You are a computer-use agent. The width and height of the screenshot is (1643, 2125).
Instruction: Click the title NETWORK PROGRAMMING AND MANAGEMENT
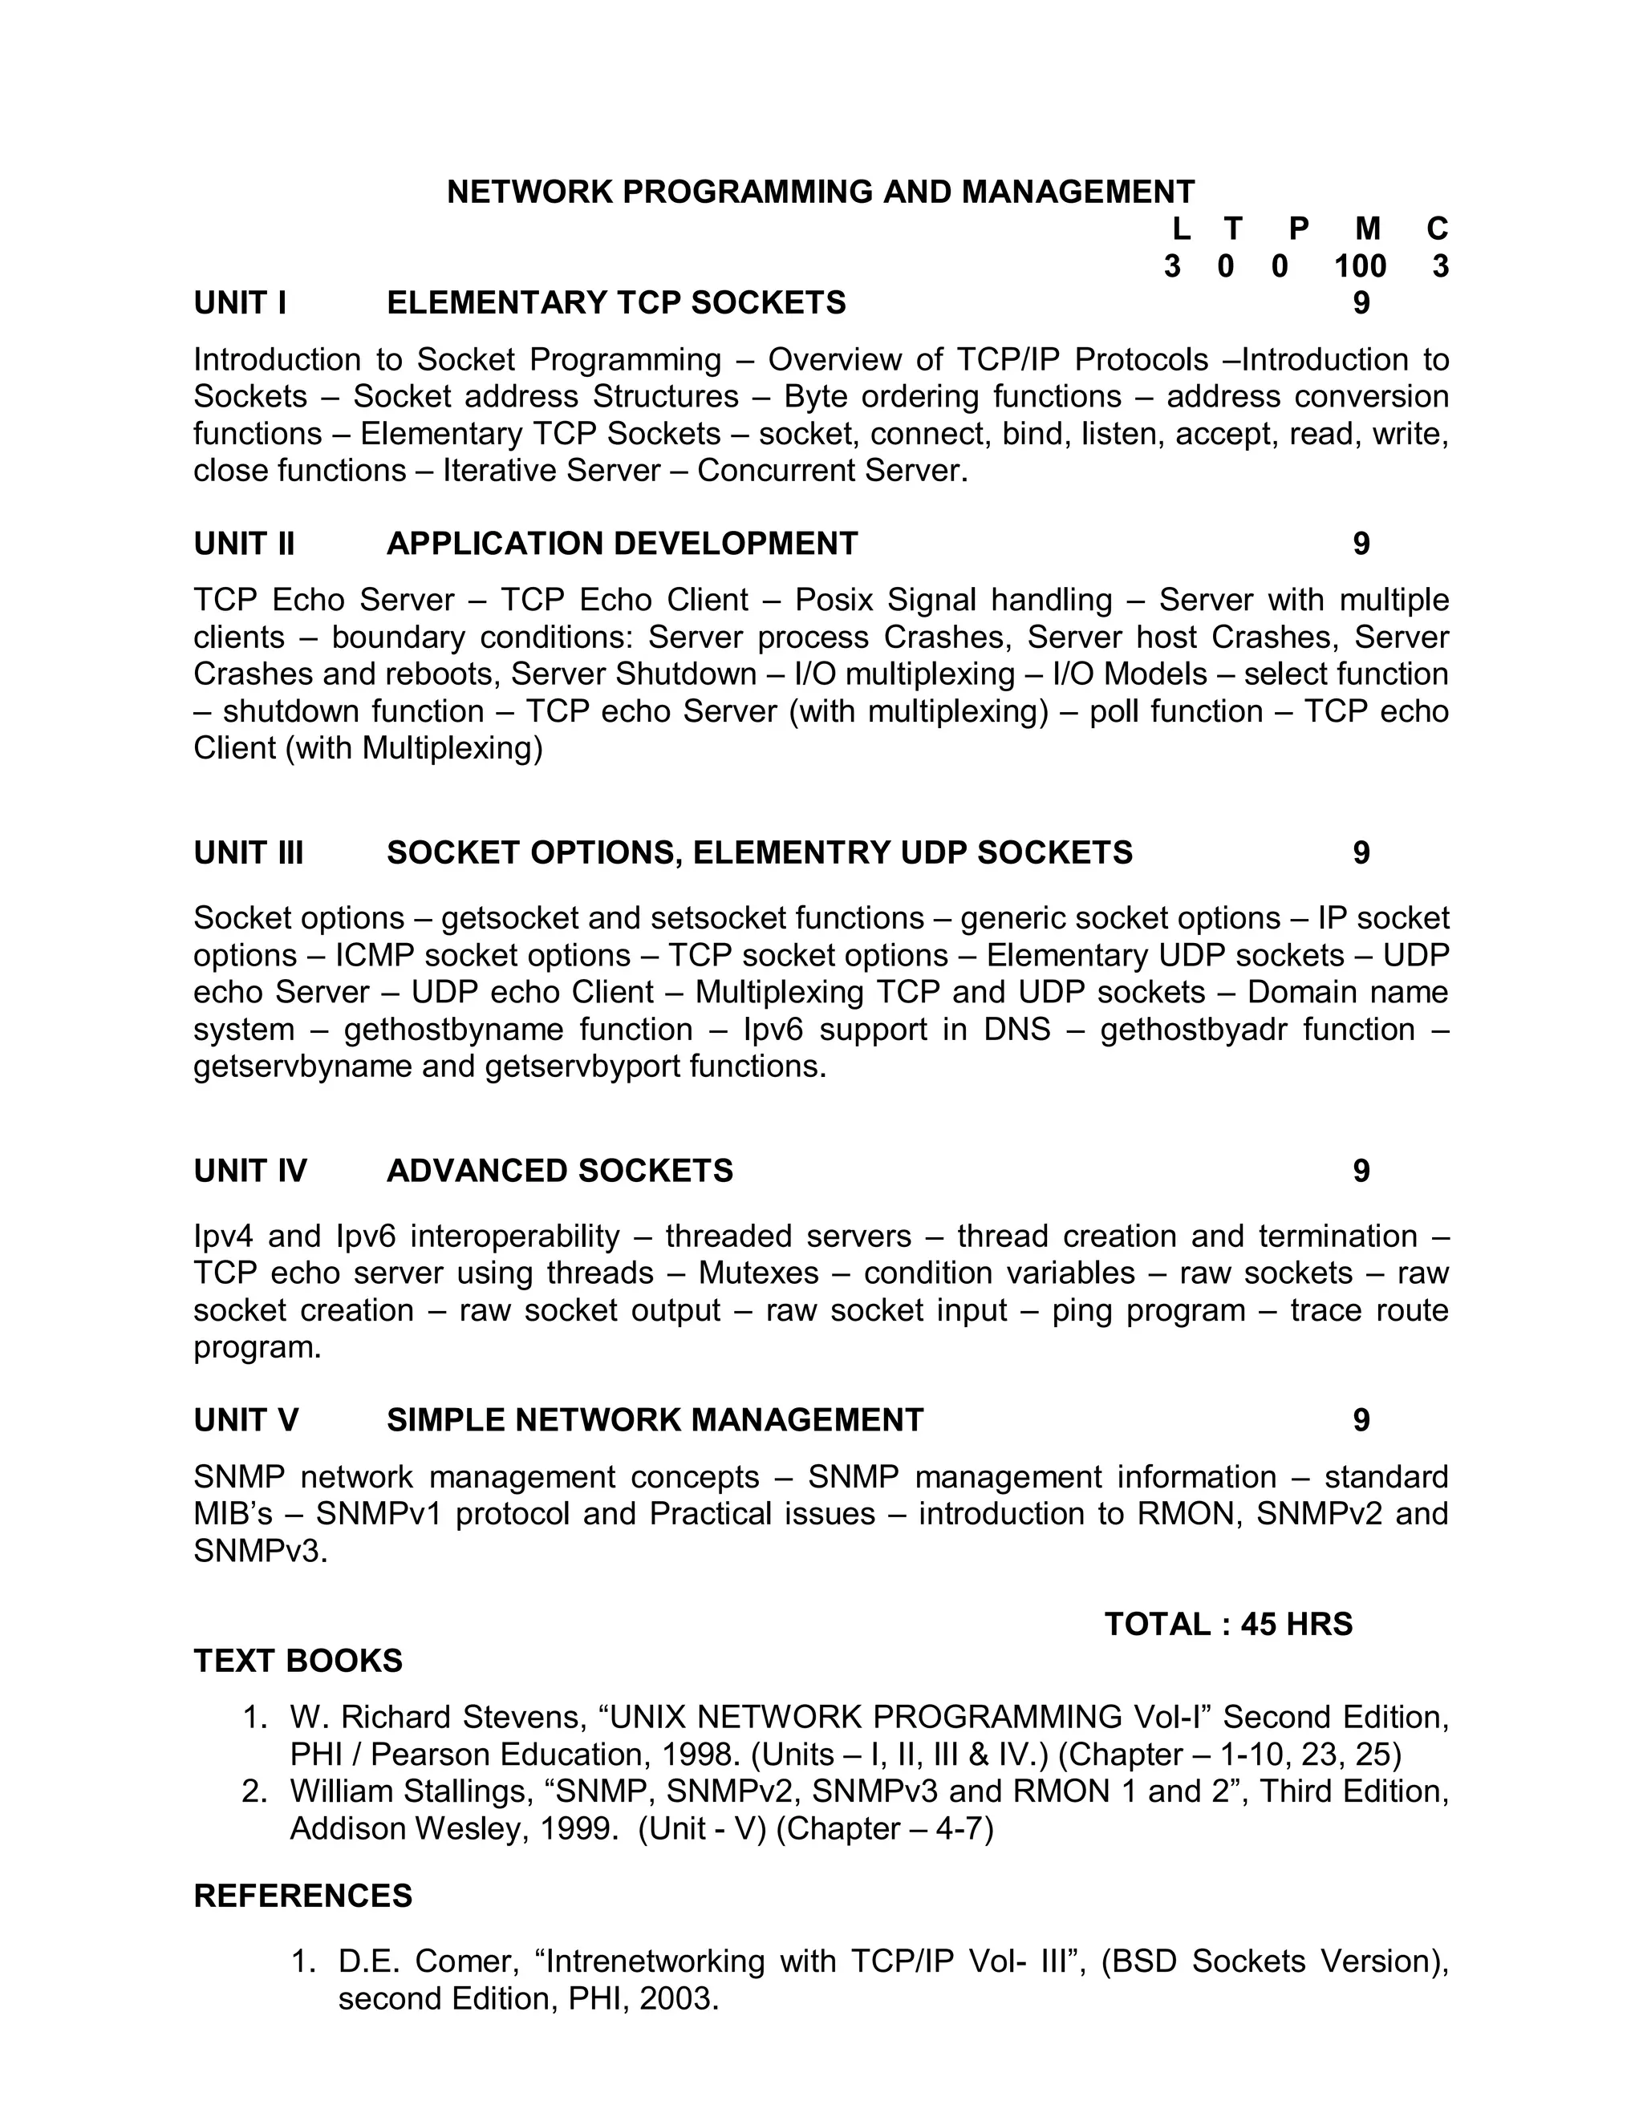[x=821, y=192]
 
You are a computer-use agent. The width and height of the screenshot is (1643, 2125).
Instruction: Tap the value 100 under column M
[x=1360, y=265]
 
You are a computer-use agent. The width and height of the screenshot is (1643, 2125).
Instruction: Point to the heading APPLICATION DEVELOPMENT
[x=622, y=543]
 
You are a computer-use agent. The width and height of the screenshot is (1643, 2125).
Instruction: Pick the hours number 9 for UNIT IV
[x=1361, y=1171]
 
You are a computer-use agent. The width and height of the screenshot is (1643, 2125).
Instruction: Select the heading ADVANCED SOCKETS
[x=560, y=1171]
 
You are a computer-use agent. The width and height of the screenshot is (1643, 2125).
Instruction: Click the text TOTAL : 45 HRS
[x=1228, y=1624]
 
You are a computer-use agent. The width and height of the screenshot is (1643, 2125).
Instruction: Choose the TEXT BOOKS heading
[x=298, y=1661]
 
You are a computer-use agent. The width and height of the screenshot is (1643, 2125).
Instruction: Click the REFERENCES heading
[x=302, y=1896]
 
